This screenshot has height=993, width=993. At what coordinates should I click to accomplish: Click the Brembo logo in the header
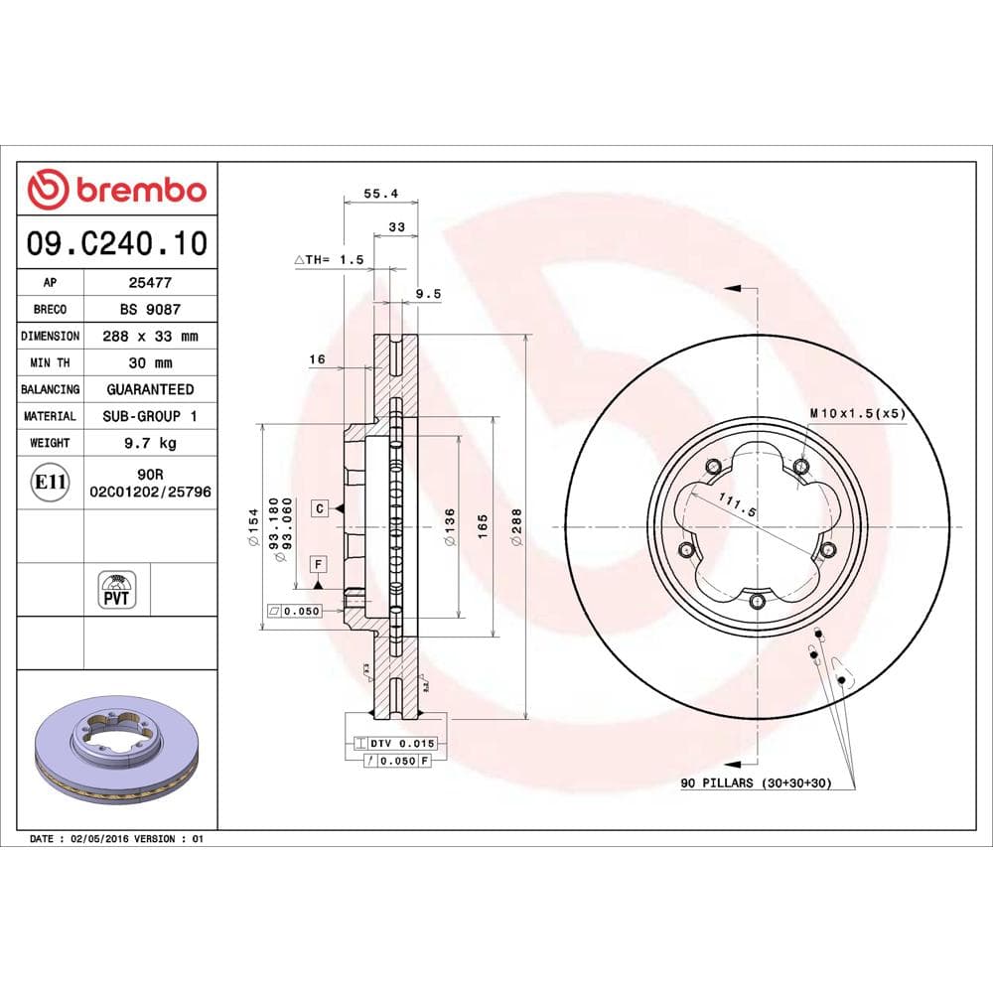(117, 189)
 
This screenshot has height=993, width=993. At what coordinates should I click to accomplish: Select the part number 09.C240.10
(117, 242)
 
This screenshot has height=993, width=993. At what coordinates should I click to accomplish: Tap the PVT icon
(117, 589)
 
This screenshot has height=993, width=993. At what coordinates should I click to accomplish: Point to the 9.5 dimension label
(427, 294)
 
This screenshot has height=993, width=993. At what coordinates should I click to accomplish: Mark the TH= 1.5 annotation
(330, 259)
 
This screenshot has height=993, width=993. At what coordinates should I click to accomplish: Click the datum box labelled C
(319, 508)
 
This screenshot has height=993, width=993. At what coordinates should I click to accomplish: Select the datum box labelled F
(319, 564)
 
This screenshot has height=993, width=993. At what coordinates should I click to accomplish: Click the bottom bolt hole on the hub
(758, 600)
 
